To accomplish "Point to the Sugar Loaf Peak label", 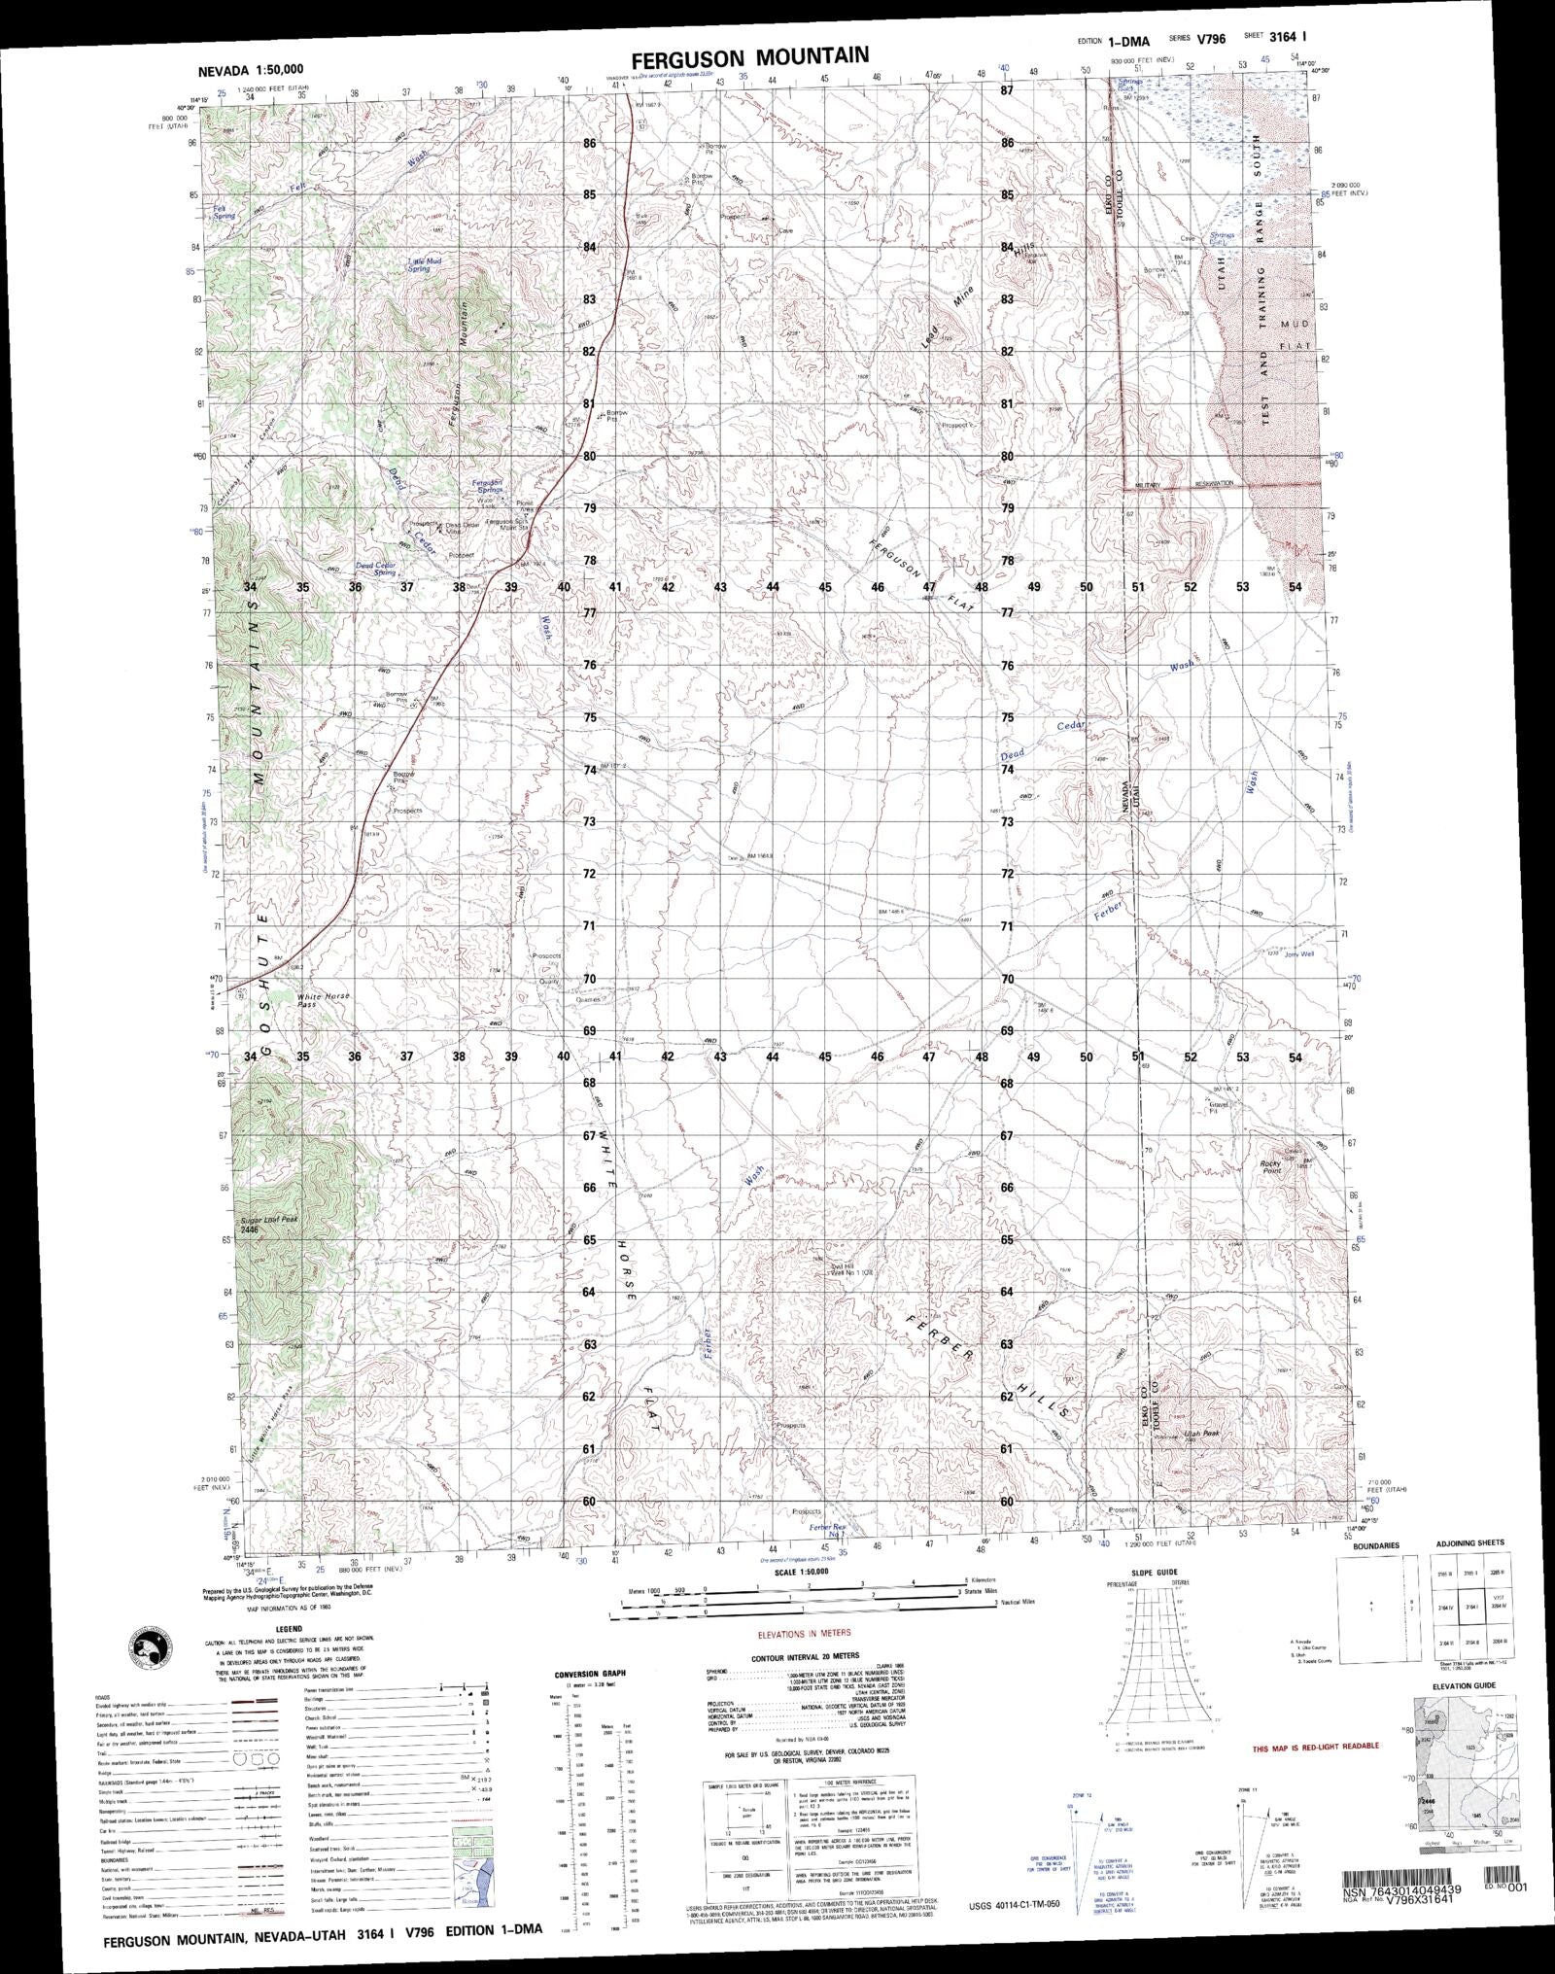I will (265, 1223).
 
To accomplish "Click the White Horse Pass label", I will (324, 1001).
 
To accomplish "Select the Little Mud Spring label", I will (419, 264).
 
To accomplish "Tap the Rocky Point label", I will (1273, 1167).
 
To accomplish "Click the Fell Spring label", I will (225, 211).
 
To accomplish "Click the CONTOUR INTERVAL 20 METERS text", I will (806, 1655).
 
